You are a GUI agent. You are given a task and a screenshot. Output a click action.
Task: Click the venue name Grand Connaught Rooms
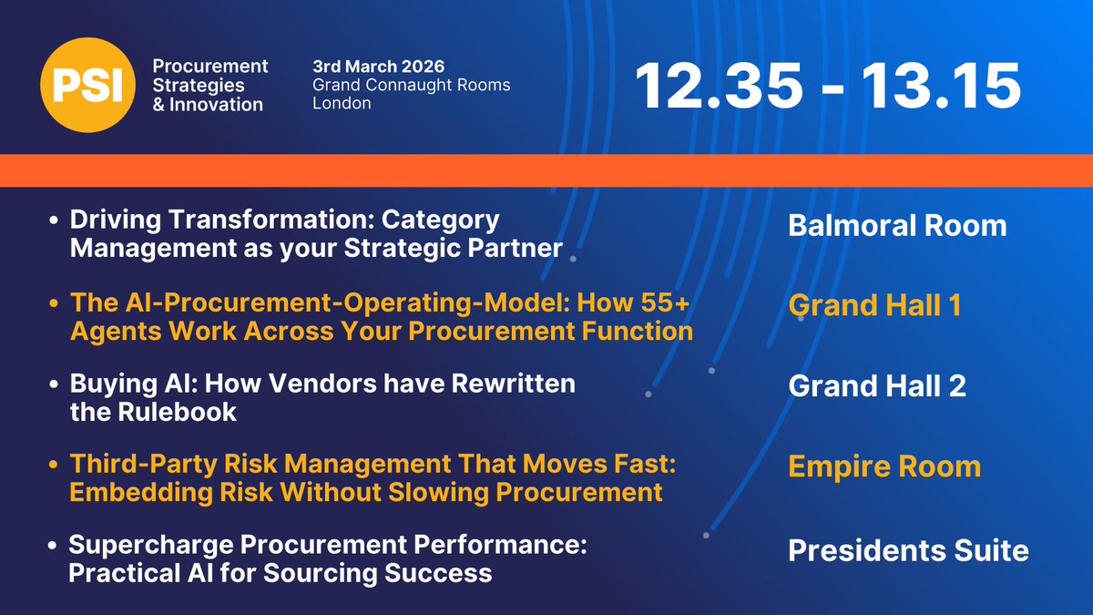click(411, 85)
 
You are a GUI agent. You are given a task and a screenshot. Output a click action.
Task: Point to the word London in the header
click(342, 103)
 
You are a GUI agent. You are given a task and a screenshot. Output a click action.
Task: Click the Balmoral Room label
click(897, 225)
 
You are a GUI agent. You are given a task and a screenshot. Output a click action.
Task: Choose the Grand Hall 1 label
click(874, 305)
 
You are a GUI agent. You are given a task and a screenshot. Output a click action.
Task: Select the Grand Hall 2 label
click(877, 386)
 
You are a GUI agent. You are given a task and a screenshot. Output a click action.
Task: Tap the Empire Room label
click(884, 466)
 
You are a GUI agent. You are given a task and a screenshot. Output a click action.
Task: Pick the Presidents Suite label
click(908, 550)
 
